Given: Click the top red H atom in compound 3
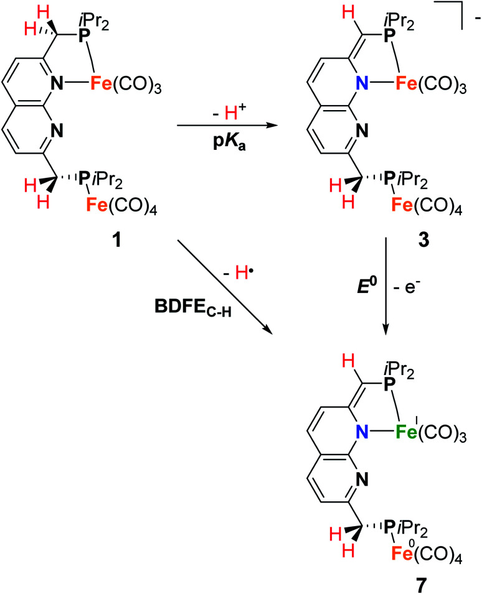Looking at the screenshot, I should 333,16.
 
